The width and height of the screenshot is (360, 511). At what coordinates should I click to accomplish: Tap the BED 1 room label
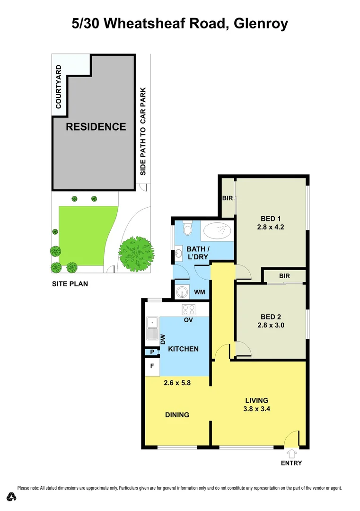[271, 219]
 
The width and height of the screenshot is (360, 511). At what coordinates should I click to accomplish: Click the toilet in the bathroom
[187, 229]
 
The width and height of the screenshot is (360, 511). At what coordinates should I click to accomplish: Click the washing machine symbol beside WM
[182, 292]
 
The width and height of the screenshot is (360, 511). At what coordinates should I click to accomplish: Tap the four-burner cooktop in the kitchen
[189, 310]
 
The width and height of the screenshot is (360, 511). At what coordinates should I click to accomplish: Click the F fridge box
[152, 366]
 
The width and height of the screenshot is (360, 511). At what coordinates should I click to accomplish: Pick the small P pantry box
[152, 352]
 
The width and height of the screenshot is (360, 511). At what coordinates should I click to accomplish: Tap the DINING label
[177, 415]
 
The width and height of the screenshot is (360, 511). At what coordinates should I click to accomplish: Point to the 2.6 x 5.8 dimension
[177, 383]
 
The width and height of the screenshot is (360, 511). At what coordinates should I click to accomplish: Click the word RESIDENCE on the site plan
[96, 127]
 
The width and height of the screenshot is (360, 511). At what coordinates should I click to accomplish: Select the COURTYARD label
[59, 87]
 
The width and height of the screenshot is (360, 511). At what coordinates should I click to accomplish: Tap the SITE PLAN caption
[70, 284]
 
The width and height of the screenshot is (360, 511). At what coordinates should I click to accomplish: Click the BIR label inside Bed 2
[284, 276]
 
